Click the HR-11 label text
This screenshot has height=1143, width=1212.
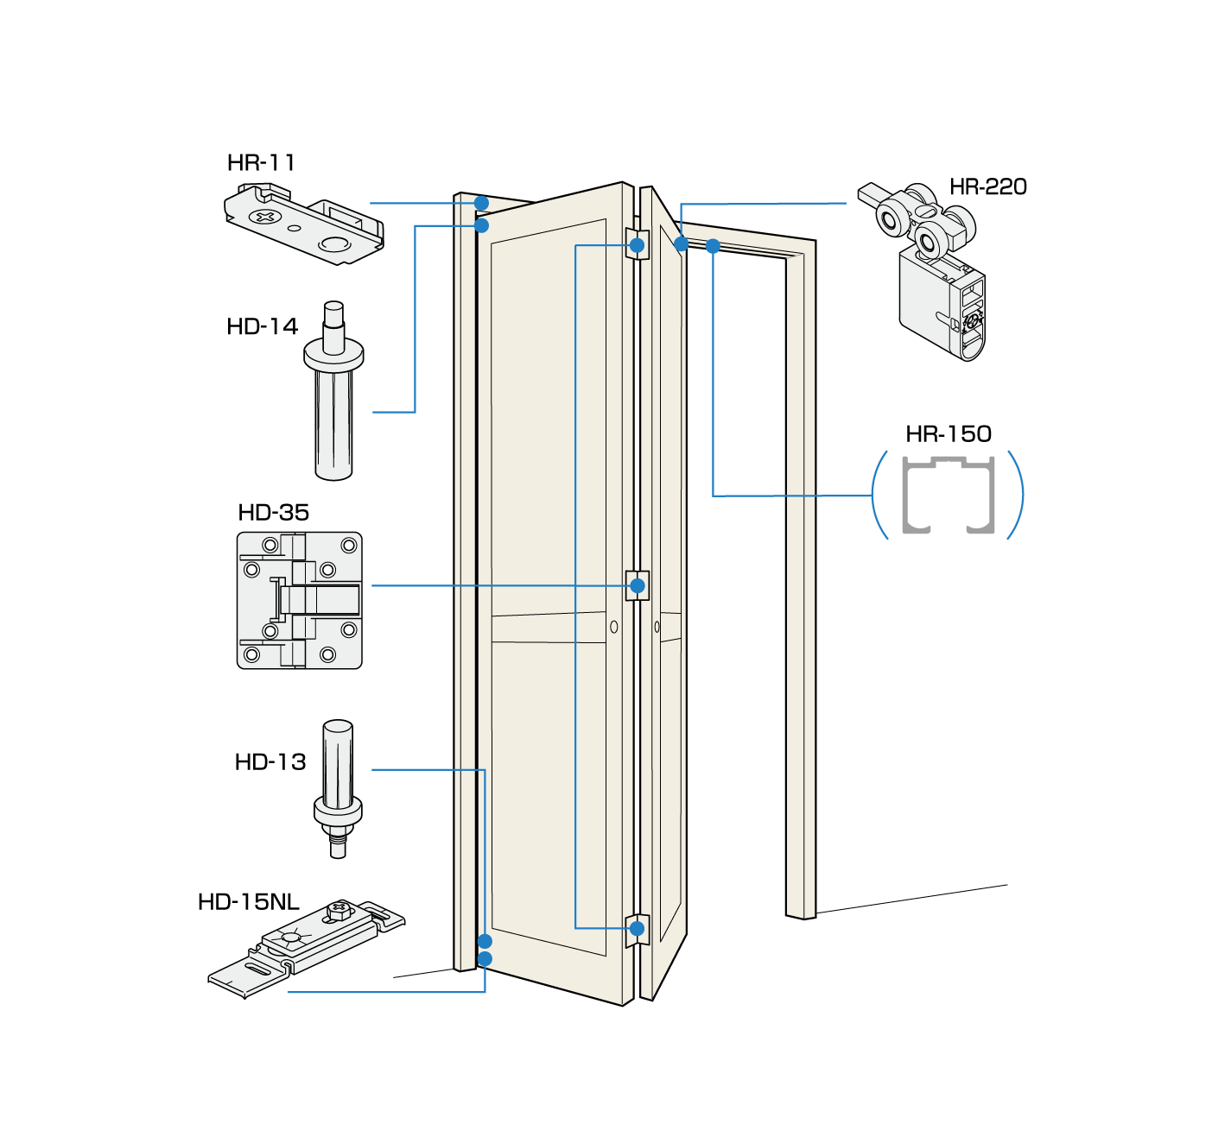click(261, 162)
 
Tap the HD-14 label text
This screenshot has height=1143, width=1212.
click(262, 326)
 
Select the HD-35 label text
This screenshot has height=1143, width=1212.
click(273, 512)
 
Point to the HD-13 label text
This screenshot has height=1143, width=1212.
click(270, 761)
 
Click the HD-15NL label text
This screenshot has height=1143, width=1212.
click(248, 902)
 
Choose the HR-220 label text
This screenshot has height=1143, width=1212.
click(987, 186)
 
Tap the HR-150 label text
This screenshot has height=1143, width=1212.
click(948, 433)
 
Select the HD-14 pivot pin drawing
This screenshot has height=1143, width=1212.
click(333, 393)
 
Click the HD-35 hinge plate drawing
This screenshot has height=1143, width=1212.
click(300, 600)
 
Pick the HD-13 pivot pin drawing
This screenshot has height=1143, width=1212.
click(338, 786)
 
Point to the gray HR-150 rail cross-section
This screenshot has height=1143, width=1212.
click(948, 496)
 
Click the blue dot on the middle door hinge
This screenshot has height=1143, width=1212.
click(638, 586)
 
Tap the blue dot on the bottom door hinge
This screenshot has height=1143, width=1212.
click(638, 929)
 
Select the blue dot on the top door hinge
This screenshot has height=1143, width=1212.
click(638, 245)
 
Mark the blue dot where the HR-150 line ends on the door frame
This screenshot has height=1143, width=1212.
click(713, 246)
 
